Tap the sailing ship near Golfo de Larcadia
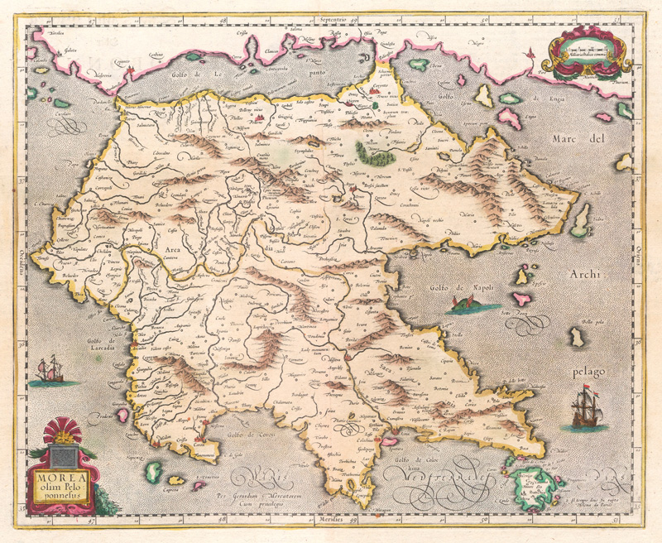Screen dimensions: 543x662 (50, 370)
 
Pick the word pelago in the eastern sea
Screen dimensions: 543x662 (592, 359)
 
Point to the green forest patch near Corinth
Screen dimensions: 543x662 (372, 151)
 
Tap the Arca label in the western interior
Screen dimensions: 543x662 (173, 247)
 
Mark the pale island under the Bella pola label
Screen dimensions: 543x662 (576, 337)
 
